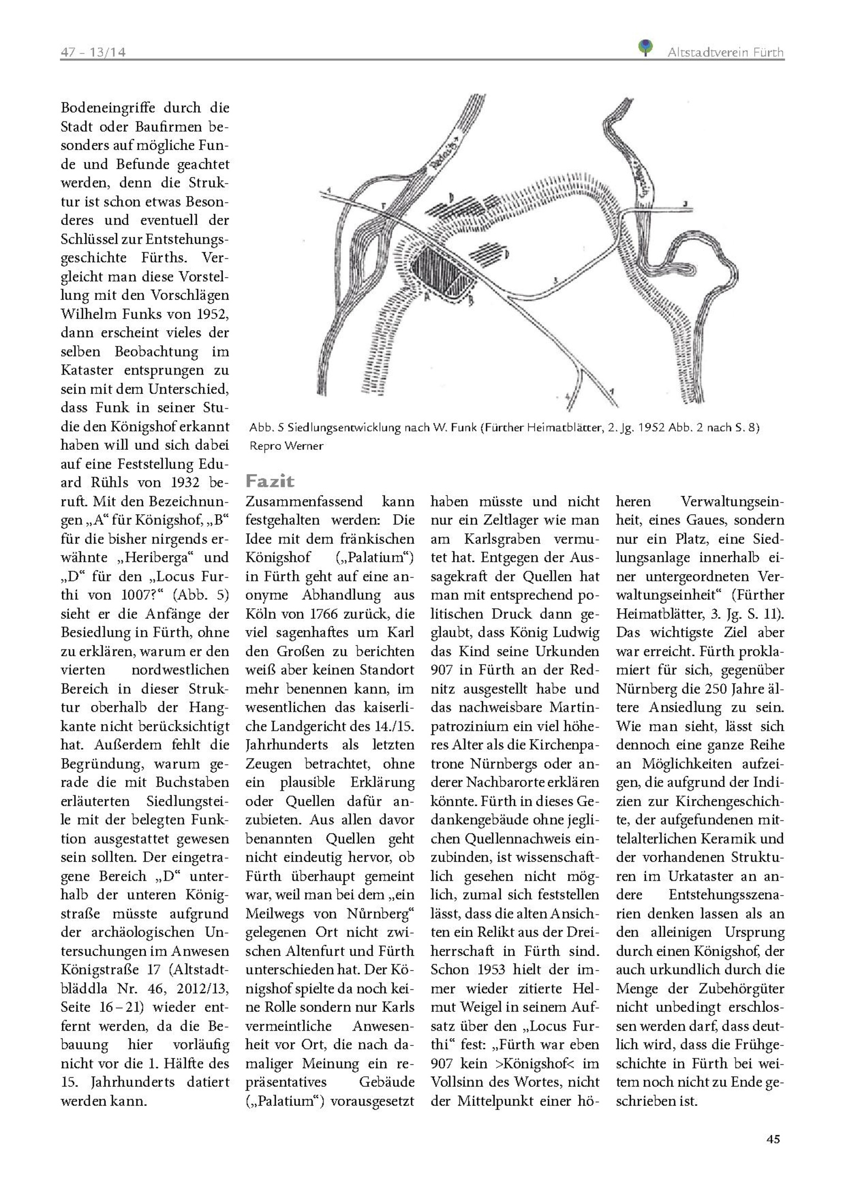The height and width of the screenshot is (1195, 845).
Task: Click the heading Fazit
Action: coord(270,481)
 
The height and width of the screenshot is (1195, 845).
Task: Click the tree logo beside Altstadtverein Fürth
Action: coord(645,47)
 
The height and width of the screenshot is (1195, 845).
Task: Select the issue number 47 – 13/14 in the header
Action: coord(93,52)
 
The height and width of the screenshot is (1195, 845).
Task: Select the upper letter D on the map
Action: coord(451,197)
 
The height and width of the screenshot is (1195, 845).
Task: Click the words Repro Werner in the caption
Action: coord(286,446)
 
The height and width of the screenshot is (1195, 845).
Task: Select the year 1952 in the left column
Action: coord(211,314)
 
